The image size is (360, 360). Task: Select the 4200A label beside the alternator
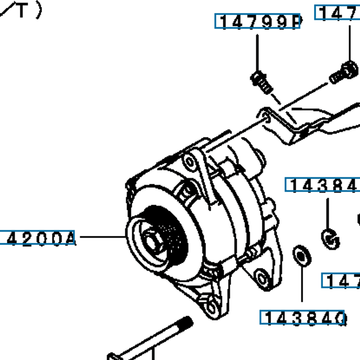tap(37, 238)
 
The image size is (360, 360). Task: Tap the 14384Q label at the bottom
tap(302, 317)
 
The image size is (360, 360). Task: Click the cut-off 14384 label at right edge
tap(322, 185)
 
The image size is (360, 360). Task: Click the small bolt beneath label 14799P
tap(261, 82)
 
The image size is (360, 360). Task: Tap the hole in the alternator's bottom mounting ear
tap(211, 308)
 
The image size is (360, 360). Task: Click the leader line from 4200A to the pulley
tap(102, 237)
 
